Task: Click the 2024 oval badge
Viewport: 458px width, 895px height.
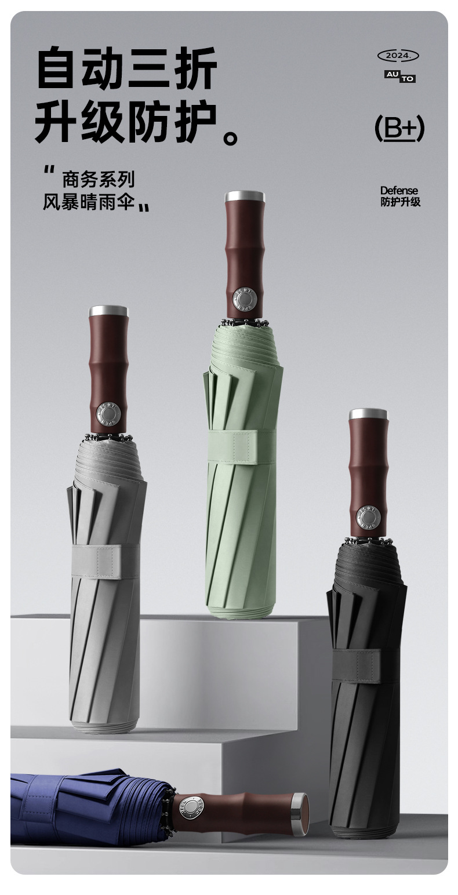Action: point(398,56)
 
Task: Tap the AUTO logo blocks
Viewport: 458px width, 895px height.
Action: point(400,77)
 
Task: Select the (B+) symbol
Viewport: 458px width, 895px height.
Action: point(399,128)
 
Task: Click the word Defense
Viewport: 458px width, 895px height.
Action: point(398,191)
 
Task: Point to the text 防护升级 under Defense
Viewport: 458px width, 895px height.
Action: point(401,202)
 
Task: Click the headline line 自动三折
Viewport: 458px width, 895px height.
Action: point(127,67)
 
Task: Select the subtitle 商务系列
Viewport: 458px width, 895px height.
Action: point(99,180)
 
